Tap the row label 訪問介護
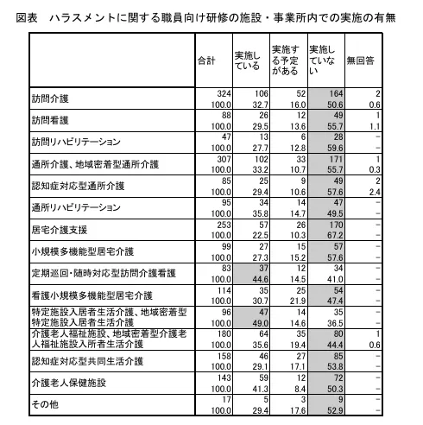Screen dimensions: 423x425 [51, 98]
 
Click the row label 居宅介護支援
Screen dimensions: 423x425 [62, 230]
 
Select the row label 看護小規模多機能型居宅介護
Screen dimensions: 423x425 [91, 295]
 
